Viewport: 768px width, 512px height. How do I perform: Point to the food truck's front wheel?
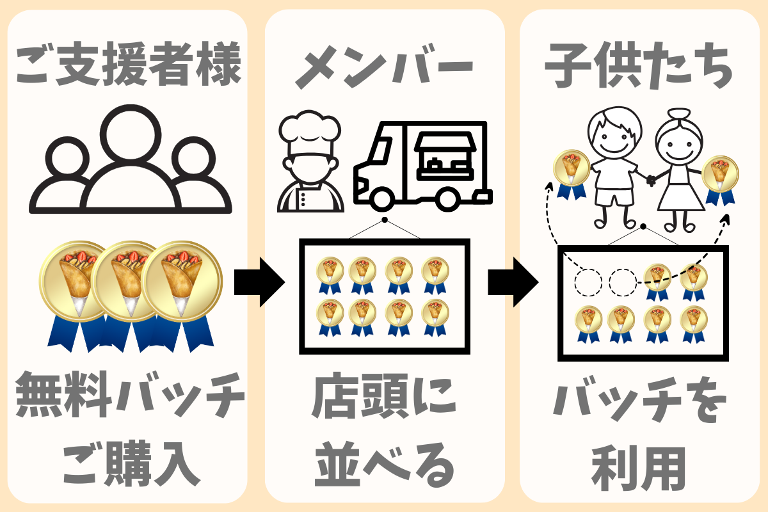[381, 199]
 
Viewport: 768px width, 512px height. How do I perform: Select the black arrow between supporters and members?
[259, 282]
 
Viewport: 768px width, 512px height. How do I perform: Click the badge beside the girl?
[721, 178]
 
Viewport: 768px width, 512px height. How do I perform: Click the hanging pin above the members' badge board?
[385, 220]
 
